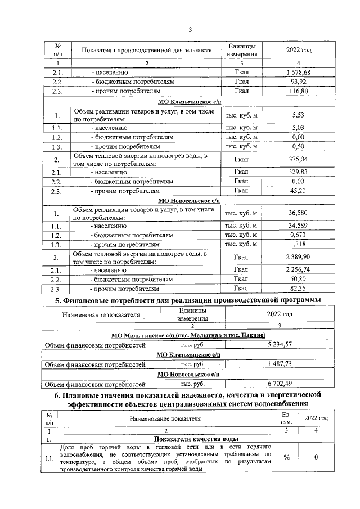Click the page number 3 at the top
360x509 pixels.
pos(190,30)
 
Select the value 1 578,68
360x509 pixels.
pos(298,73)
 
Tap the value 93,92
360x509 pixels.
pos(298,82)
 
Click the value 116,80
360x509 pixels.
pos(298,91)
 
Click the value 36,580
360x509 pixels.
pos(298,213)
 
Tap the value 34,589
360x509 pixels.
pos(298,226)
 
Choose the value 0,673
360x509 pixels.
pos(298,235)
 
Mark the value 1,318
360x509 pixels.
pos(298,244)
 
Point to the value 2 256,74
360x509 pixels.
pos(298,270)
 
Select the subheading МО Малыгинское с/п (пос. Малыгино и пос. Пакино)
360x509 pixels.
pos(189,335)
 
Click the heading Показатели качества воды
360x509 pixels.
pos(188,439)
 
